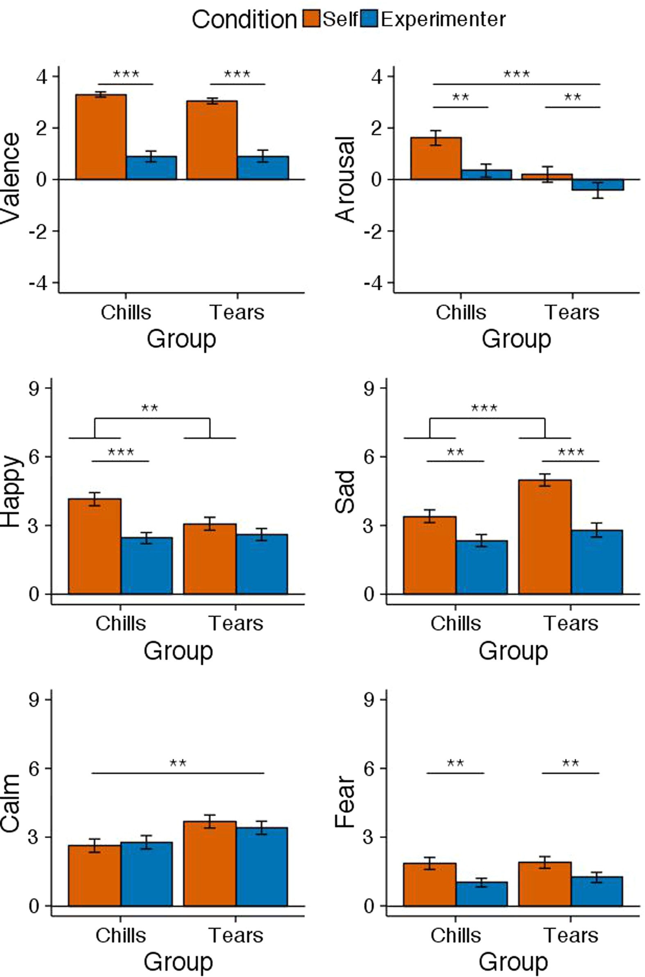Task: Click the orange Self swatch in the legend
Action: pos(311,19)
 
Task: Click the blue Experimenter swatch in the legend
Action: pos(369,19)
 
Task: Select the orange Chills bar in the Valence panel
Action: pos(101,137)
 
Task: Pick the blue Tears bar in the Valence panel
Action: pos(263,168)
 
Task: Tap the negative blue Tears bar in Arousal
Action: pos(597,185)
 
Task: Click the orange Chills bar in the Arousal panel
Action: pos(436,159)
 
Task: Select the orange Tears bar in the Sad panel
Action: pos(545,537)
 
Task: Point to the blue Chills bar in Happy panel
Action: pos(147,566)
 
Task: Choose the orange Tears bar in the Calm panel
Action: pos(210,864)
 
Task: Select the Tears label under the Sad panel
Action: pos(571,623)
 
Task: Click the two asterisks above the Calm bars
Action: pos(178,764)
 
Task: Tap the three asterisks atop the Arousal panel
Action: pos(517,75)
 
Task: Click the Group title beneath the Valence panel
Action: pos(181,339)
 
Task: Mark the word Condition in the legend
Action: pos(244,19)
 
